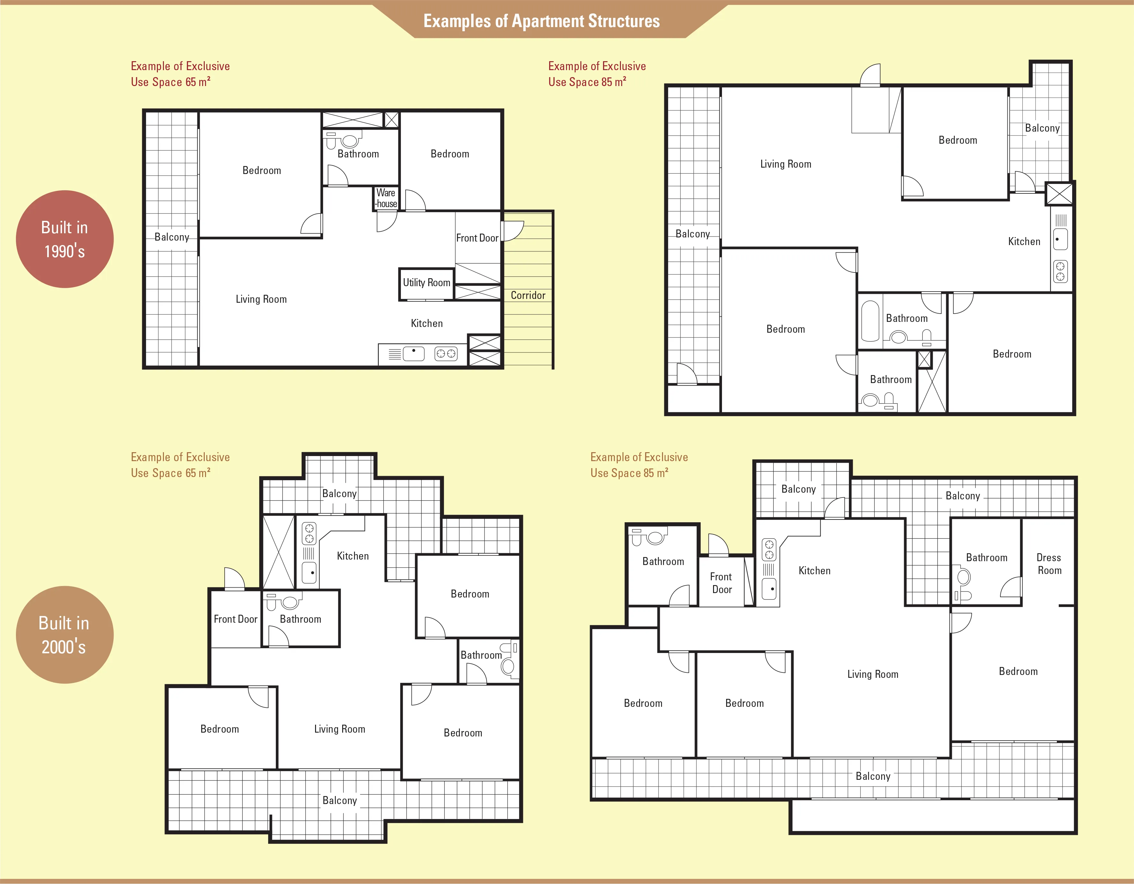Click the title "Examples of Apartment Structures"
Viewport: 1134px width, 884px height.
[541, 21]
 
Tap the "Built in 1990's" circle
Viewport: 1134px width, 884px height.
[65, 239]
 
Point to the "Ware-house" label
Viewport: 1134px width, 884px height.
[386, 198]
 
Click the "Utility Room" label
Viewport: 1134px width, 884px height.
[426, 283]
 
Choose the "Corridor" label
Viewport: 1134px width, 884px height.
[528, 295]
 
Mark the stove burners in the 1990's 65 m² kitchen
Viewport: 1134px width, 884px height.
[446, 354]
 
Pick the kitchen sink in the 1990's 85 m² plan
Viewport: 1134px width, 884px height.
[1060, 240]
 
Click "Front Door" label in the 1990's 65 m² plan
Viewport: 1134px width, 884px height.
[477, 238]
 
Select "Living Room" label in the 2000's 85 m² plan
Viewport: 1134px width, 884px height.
[873, 674]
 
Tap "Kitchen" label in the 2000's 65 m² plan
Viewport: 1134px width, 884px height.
[353, 556]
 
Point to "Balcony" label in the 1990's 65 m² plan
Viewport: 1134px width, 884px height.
[172, 237]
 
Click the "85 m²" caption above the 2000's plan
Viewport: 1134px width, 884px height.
[656, 473]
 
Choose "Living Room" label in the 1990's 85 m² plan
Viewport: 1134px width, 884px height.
[785, 164]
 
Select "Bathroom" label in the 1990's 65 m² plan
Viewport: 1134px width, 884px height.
[358, 154]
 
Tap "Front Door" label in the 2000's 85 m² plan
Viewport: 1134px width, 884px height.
[721, 583]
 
